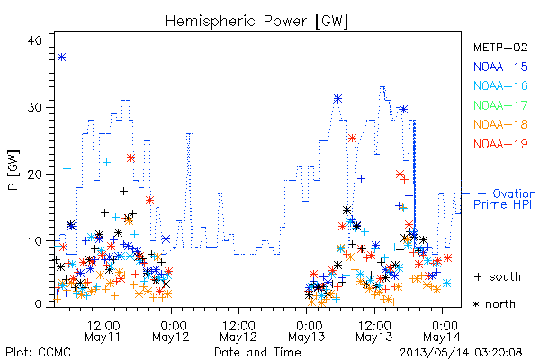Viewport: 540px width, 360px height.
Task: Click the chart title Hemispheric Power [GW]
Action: pyautogui.click(x=256, y=21)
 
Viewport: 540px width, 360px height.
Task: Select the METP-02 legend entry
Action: pyautogui.click(x=500, y=48)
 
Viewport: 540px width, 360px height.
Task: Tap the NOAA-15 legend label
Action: pyautogui.click(x=500, y=67)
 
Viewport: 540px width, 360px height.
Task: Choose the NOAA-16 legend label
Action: pyautogui.click(x=500, y=85)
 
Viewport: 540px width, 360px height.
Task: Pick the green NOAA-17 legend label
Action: pyautogui.click(x=500, y=105)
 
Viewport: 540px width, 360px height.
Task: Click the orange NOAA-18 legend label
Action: pyautogui.click(x=500, y=124)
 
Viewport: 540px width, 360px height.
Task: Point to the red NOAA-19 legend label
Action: pyautogui.click(x=500, y=144)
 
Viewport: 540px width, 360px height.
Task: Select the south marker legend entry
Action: pyautogui.click(x=498, y=276)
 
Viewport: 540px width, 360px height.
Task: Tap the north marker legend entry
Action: pyautogui.click(x=494, y=304)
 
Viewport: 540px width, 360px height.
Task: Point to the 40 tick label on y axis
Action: pyautogui.click(x=34, y=40)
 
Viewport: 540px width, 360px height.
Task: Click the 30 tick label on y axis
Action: pyautogui.click(x=34, y=107)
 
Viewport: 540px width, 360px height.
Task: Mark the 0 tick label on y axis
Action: pyautogui.click(x=38, y=304)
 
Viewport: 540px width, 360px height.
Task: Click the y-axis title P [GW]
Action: pyautogui.click(x=13, y=170)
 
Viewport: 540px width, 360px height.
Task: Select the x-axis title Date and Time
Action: pyautogui.click(x=257, y=352)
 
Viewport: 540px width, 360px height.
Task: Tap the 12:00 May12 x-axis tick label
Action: pyautogui.click(x=238, y=331)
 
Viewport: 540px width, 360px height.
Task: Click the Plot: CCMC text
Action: pyautogui.click(x=38, y=352)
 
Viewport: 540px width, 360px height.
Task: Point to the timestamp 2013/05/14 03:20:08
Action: pyautogui.click(x=461, y=353)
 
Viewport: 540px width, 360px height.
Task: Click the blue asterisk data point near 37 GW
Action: pyautogui.click(x=61, y=58)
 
